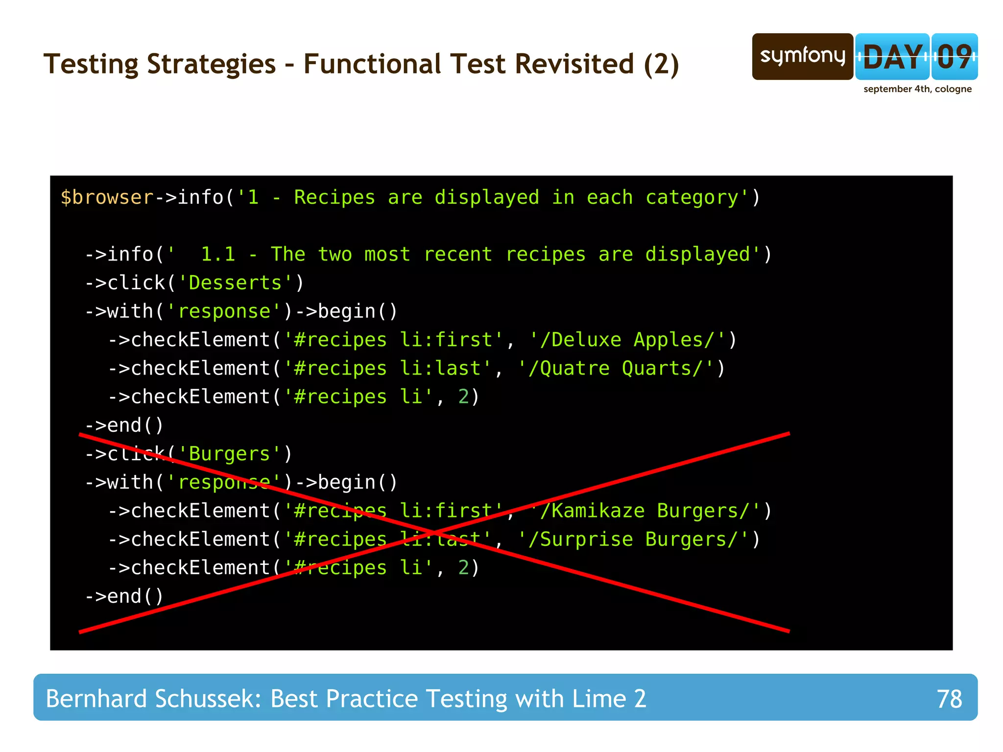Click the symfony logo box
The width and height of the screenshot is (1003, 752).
point(802,56)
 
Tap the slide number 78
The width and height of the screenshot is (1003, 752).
point(949,699)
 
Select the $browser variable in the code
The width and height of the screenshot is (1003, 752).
point(107,197)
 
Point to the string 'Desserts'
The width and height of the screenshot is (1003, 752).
point(235,283)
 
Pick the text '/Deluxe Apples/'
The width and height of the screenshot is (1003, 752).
point(627,340)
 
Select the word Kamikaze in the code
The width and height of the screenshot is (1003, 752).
point(598,511)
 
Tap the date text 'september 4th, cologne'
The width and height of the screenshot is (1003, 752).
point(917,89)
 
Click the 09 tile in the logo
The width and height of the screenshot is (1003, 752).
point(955,57)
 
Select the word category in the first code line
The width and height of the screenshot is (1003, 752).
point(692,197)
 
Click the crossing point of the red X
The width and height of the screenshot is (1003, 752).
point(434,532)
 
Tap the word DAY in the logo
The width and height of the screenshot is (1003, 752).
point(892,57)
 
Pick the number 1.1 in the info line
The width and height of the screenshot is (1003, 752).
point(218,255)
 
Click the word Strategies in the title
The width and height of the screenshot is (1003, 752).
point(211,64)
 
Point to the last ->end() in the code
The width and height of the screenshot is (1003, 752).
point(124,596)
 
